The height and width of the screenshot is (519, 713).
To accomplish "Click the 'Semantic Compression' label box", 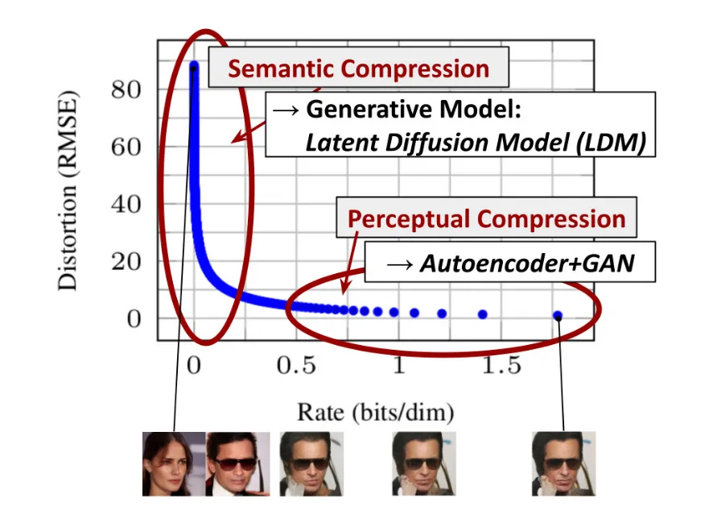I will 358,68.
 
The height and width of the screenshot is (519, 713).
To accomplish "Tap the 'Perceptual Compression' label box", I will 486,219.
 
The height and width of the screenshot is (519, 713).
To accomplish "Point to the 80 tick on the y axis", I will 126,89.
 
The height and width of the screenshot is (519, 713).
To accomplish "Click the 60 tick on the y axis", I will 126,147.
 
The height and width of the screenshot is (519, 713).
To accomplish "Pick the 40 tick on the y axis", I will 126,204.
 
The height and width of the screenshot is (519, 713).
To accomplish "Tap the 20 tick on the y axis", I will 126,261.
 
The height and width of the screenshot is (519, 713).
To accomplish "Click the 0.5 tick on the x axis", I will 295,365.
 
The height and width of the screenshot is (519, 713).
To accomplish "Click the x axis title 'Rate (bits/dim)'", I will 375,413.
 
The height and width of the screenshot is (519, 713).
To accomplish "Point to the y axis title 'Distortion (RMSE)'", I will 70,193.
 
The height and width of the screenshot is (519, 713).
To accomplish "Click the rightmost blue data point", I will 558,316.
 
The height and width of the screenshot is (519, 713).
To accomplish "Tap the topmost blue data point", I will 194,66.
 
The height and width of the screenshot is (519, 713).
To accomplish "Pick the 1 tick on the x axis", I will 398,365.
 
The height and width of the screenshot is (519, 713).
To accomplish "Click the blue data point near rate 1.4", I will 483,314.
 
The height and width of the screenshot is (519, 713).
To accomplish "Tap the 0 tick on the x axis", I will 193,365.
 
